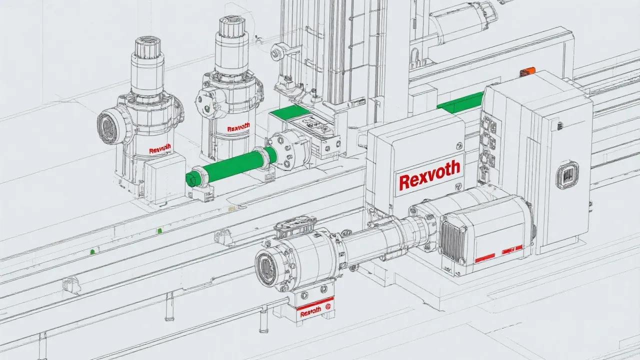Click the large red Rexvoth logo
coord(429,176)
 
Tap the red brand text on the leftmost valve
coord(160,149)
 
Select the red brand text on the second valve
coord(238,128)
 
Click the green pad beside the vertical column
coord(289,111)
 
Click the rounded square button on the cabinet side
coord(567,175)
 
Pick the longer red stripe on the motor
coord(485,257)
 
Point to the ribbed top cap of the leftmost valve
coord(147,46)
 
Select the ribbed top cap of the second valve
coord(231,26)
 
